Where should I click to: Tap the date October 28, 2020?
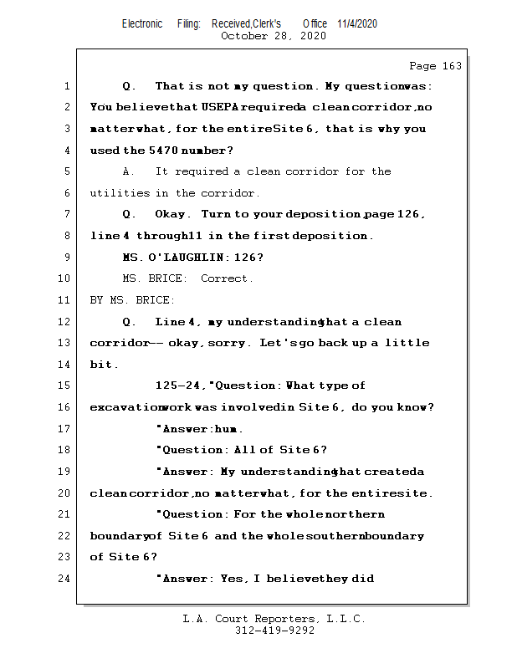point(273,36)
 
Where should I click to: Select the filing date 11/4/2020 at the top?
point(357,24)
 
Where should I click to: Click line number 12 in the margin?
point(65,322)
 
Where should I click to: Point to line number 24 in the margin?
point(65,579)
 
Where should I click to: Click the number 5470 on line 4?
point(164,151)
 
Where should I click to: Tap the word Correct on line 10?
point(227,278)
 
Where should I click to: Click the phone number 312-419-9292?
point(274,631)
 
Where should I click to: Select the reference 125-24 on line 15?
point(177,386)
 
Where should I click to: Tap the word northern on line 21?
point(361,514)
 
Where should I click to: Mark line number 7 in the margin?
point(65,215)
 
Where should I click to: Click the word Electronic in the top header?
point(142,24)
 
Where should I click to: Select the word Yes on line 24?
point(231,579)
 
